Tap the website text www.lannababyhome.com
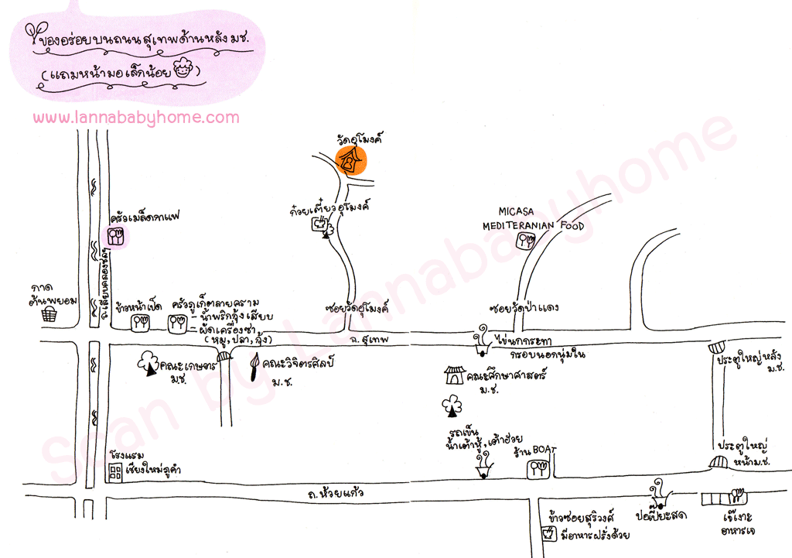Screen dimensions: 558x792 136,118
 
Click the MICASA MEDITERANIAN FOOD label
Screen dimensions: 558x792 533,219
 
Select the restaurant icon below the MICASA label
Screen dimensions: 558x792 529,240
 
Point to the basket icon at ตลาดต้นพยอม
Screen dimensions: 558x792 50,313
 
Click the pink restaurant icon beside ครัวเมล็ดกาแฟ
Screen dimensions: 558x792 117,236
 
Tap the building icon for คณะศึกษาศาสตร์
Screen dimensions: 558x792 453,376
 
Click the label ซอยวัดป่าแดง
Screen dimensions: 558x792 524,307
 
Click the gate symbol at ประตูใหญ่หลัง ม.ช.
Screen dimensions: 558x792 719,349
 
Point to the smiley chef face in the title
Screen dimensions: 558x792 183,70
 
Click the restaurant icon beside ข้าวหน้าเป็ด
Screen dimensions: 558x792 140,322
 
